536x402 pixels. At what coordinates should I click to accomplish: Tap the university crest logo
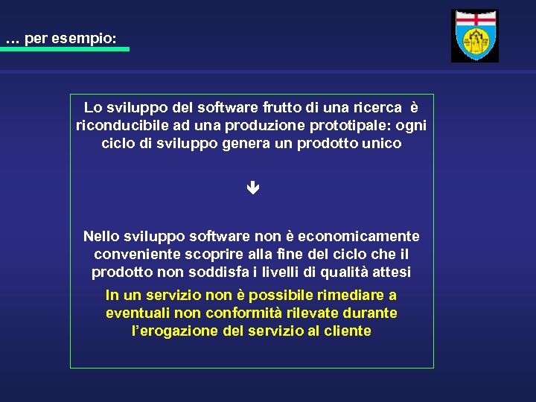pyautogui.click(x=475, y=36)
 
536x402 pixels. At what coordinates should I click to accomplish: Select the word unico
pyautogui.click(x=382, y=143)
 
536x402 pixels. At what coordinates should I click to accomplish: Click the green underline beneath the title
pyautogui.click(x=65, y=49)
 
